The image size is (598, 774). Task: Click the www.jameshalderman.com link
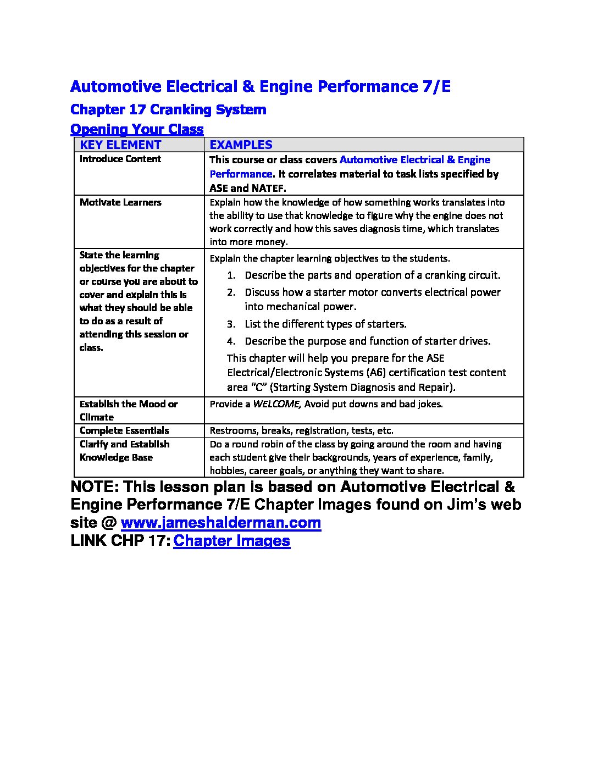click(x=220, y=522)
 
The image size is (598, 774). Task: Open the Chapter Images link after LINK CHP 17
click(x=231, y=540)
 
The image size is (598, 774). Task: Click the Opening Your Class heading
click(x=137, y=130)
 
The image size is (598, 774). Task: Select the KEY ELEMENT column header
click(x=120, y=145)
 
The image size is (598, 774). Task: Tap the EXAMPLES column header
click(x=241, y=145)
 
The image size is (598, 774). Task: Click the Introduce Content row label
click(x=120, y=159)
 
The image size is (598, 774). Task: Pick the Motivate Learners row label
click(x=120, y=202)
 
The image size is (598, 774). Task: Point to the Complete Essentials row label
click(x=124, y=430)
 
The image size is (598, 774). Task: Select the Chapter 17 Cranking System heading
click(x=168, y=109)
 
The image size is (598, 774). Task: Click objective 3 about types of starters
click(x=325, y=324)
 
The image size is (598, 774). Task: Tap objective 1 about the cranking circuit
click(x=372, y=275)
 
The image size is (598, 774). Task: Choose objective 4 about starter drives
click(x=367, y=341)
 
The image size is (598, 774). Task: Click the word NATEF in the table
click(x=268, y=188)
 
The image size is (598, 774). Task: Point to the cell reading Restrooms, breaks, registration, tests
click(x=301, y=430)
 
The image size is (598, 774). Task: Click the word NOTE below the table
click(x=92, y=487)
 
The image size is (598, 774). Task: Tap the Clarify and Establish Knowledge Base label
click(x=124, y=451)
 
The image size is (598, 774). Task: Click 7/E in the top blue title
click(x=437, y=86)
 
